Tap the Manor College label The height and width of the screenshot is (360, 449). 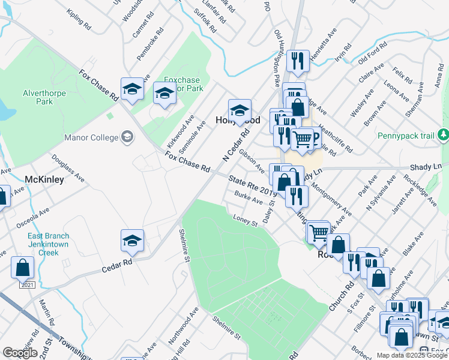[92, 137]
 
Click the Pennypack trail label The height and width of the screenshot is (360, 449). [406, 136]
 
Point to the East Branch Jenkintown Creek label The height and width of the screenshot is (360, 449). [48, 244]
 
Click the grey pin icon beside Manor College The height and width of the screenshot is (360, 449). [127, 137]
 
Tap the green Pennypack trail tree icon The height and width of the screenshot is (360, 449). [444, 136]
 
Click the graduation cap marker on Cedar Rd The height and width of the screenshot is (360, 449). [132, 241]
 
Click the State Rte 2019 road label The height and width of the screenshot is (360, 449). [252, 185]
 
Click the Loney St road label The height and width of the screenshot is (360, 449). [245, 220]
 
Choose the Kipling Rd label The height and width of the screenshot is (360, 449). [79, 20]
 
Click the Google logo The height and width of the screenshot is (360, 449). [20, 353]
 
